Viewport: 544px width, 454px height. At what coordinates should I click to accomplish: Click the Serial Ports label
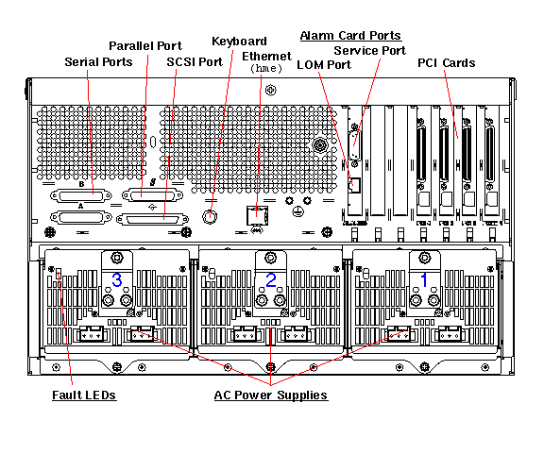[98, 62]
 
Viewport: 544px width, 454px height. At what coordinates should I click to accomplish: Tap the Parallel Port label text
[145, 46]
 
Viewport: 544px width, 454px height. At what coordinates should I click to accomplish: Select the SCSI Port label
[195, 62]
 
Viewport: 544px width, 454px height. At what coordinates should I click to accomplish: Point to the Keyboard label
[239, 42]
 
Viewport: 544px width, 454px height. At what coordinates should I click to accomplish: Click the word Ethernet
[266, 57]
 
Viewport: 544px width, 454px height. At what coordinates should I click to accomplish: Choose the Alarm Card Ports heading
[350, 35]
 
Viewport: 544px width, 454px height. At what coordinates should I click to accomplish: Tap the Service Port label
[370, 51]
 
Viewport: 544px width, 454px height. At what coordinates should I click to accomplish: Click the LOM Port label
[324, 64]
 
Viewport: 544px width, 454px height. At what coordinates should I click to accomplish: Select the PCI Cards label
[446, 63]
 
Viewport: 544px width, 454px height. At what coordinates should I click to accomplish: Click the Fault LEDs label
[84, 395]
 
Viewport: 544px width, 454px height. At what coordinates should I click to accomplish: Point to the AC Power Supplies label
[271, 395]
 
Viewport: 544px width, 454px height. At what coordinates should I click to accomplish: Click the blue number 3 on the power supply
[117, 279]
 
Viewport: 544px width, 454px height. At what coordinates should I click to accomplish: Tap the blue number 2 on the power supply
[271, 279]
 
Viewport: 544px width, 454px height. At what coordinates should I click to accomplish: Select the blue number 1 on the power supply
[424, 279]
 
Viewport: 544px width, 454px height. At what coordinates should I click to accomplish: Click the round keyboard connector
[210, 217]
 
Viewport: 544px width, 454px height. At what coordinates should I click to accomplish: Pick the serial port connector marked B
[81, 196]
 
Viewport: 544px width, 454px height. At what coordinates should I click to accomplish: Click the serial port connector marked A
[81, 218]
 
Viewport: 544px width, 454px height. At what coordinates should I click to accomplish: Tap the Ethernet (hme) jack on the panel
[257, 215]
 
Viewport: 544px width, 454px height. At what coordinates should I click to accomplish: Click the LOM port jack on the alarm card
[354, 185]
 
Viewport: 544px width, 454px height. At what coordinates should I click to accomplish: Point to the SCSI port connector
[152, 220]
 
